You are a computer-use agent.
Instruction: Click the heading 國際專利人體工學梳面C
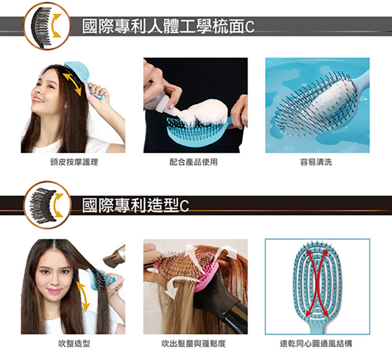[168, 26]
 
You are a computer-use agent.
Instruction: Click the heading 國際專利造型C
[136, 205]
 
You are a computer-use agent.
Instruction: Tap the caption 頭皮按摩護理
[74, 162]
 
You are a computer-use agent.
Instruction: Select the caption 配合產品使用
[194, 162]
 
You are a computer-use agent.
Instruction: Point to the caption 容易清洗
[316, 162]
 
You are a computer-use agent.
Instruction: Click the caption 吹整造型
[74, 344]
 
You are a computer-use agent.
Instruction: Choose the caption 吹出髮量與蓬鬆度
[194, 344]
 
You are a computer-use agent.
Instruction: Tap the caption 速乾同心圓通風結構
[316, 344]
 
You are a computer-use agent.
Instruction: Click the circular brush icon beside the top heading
[47, 26]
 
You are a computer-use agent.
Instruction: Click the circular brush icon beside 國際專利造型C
[47, 205]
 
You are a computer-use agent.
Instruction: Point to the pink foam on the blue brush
[203, 111]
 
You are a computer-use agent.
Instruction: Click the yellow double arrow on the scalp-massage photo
[72, 84]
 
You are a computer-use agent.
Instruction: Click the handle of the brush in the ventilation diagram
[318, 327]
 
